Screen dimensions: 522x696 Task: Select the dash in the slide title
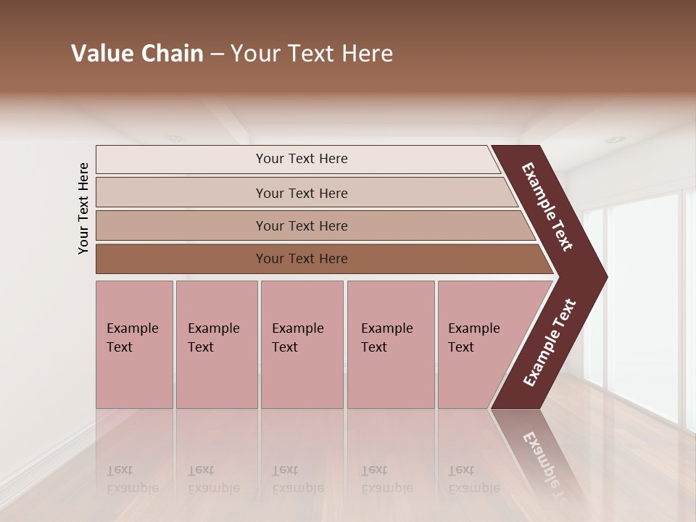coord(217,54)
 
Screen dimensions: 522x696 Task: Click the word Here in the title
coord(367,54)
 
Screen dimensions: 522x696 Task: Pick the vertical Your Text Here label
coord(83,208)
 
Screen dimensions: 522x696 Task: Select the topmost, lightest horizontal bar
coord(297,159)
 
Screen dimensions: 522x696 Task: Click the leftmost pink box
coord(134,344)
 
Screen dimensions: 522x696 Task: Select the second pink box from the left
coord(217,344)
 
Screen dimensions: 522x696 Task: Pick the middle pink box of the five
coord(302,344)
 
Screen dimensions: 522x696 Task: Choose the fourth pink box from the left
coord(391,344)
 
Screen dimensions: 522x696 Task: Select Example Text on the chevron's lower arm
coord(549,342)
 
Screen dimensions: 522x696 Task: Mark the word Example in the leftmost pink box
coord(132,328)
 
